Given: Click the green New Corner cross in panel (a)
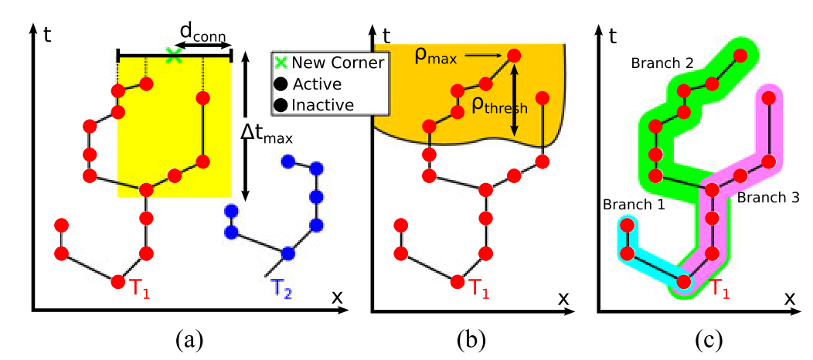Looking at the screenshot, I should (x=175, y=55).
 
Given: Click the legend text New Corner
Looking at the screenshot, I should (x=337, y=63).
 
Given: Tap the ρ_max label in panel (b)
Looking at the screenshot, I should (x=443, y=56).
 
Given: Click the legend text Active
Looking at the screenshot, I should (x=318, y=83).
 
